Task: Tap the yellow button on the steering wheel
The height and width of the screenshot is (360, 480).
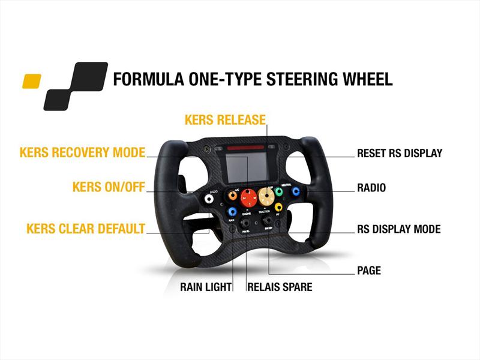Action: (278, 207)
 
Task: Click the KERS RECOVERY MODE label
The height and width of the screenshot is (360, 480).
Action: (82, 152)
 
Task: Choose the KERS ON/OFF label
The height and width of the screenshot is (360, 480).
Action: (109, 187)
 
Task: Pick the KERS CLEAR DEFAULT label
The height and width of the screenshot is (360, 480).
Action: (86, 229)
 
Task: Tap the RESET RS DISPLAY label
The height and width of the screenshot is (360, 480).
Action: (399, 154)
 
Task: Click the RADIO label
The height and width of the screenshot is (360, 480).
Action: (371, 188)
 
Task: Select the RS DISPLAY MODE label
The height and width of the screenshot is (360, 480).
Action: (398, 229)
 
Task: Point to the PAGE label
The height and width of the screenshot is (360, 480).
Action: (369, 271)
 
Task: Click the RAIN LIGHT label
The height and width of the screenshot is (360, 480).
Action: (206, 287)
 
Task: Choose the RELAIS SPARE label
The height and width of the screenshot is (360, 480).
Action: (280, 287)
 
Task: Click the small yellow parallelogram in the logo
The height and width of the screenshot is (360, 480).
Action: (31, 81)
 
